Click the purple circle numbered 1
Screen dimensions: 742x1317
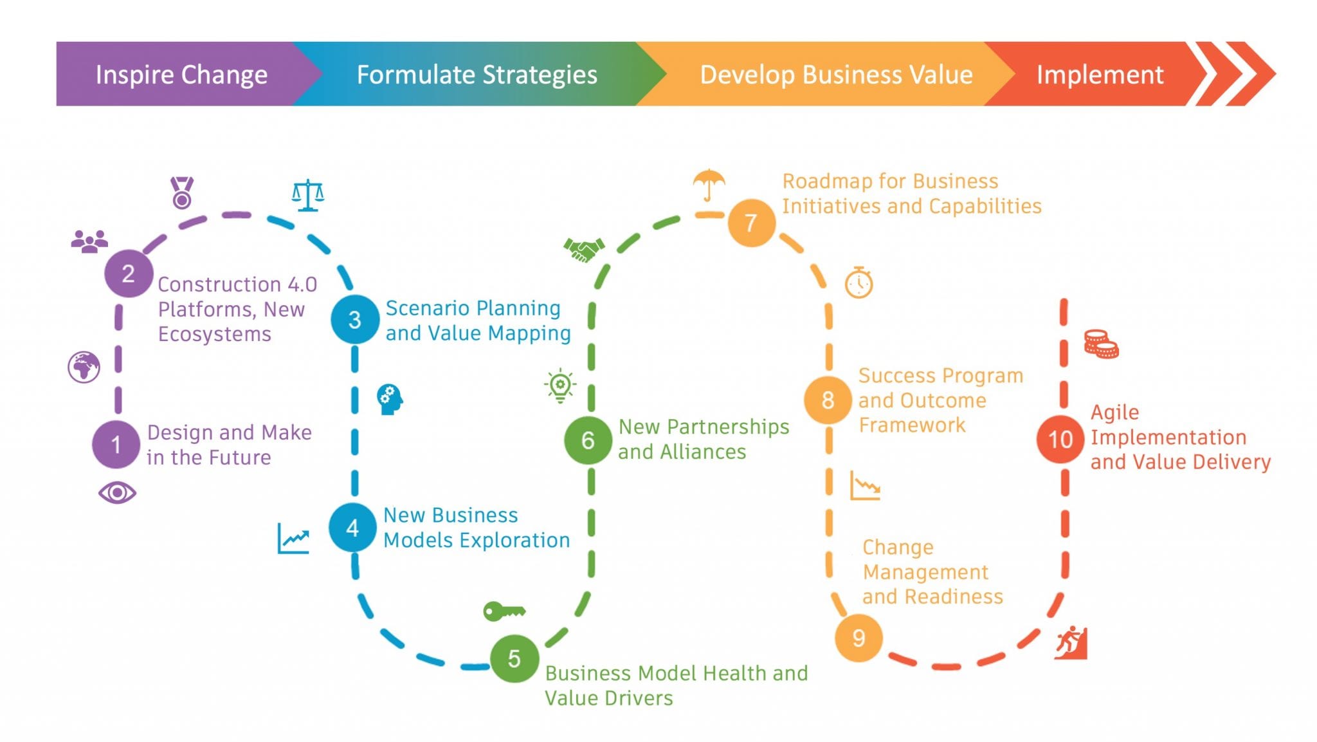tap(116, 444)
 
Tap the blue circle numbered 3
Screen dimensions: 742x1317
tap(354, 319)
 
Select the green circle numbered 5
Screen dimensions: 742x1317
tap(514, 658)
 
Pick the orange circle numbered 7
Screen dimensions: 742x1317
tap(750, 223)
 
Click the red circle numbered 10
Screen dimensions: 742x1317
tap(1060, 440)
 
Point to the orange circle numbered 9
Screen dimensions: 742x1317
tap(858, 638)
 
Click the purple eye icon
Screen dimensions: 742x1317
tap(117, 493)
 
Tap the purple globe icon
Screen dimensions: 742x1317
tap(84, 367)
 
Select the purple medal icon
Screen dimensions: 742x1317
tap(182, 192)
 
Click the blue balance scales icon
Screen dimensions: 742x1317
tap(307, 195)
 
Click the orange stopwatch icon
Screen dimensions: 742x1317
tap(858, 282)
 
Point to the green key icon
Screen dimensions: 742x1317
tap(504, 611)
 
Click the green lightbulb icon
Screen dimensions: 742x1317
tap(560, 385)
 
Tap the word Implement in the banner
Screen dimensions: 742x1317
tap(1100, 75)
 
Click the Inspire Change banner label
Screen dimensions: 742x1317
tap(181, 75)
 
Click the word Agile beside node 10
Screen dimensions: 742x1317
tap(1114, 412)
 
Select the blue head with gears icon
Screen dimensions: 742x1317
tap(390, 399)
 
